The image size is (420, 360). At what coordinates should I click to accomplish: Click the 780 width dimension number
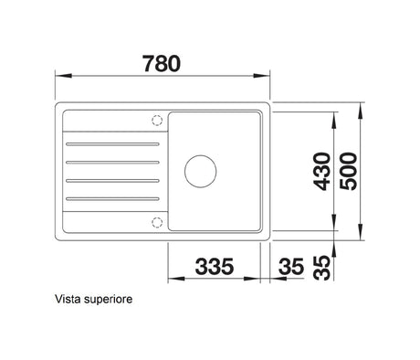(x=162, y=64)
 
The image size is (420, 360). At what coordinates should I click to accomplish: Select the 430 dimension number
(x=322, y=172)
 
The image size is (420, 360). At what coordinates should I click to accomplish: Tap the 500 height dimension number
(x=349, y=172)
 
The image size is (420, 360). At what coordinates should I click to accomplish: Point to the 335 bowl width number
(x=215, y=266)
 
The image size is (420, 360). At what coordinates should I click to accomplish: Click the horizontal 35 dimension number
(x=291, y=266)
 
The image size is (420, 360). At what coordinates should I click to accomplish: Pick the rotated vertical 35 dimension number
(x=322, y=268)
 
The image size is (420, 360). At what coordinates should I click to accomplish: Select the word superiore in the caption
(x=108, y=300)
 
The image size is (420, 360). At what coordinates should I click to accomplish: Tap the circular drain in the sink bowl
(x=201, y=171)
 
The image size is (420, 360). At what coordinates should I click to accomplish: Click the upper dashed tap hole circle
(x=157, y=121)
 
